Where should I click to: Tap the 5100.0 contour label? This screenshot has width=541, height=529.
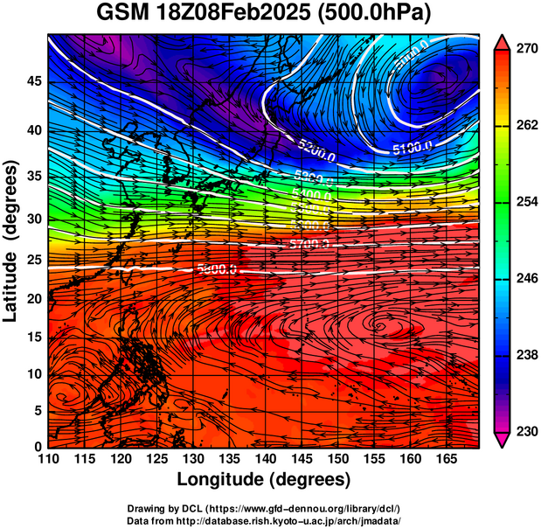410,148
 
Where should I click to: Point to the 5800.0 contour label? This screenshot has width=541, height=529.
216,270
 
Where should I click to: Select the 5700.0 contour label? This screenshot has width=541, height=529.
309,244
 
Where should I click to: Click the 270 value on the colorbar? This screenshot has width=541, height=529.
522,49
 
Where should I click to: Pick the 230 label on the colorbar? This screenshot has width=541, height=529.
522,431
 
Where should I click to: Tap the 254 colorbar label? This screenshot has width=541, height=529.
522,202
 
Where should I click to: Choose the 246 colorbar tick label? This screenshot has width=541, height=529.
522,279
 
